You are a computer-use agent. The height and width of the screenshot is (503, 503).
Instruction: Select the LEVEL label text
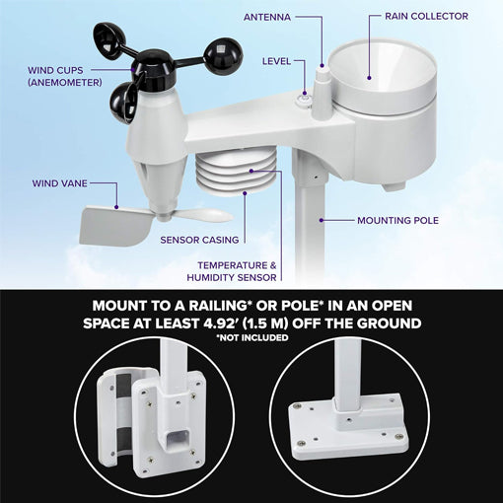(x=276, y=61)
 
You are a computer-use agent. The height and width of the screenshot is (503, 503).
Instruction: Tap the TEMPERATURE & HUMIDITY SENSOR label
(x=238, y=271)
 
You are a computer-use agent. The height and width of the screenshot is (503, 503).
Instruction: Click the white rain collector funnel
(x=371, y=79)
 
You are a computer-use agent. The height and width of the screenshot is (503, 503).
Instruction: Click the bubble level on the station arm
(x=305, y=98)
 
